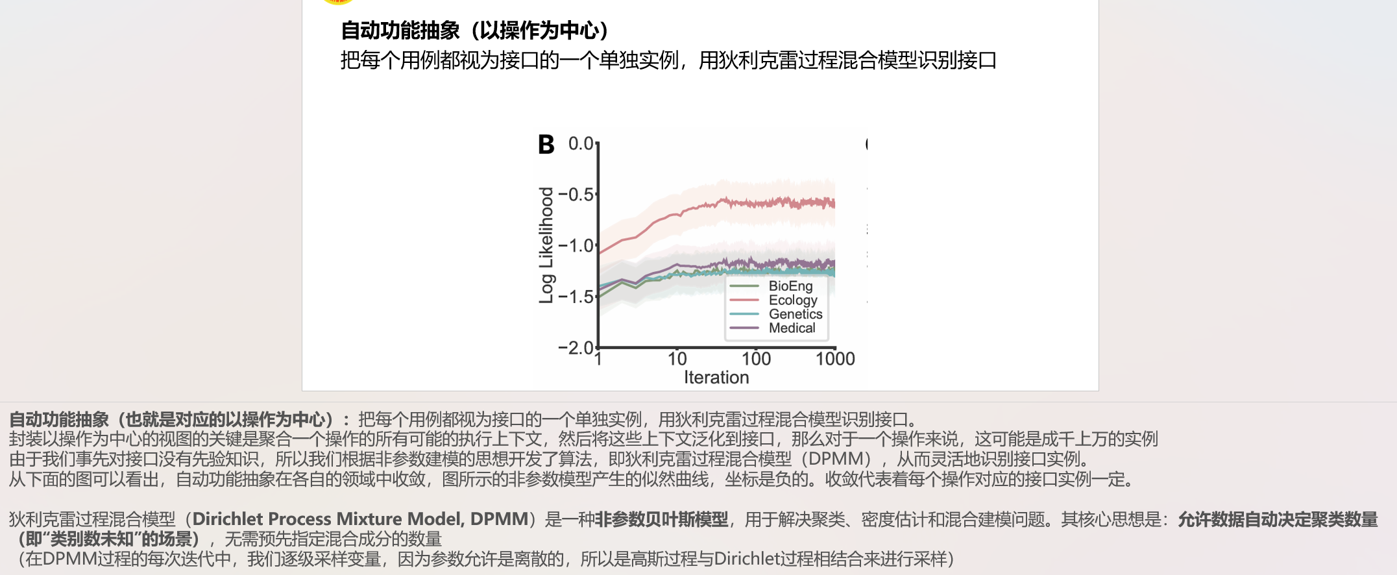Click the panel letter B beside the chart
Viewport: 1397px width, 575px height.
(546, 144)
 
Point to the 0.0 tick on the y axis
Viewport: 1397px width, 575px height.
(581, 143)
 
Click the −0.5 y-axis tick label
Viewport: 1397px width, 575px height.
(576, 195)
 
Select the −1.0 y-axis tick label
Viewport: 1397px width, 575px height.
(576, 246)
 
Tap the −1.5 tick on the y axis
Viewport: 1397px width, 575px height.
(576, 297)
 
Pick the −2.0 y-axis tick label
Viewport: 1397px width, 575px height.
(576, 348)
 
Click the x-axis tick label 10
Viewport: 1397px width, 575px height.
(677, 359)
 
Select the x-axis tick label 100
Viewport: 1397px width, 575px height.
(756, 359)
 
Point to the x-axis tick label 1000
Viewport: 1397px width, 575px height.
(835, 359)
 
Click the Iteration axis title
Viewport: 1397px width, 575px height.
(716, 378)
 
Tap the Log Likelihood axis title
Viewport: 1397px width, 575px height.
(546, 245)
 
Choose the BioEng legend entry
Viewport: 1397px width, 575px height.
(790, 286)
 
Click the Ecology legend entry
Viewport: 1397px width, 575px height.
(792, 300)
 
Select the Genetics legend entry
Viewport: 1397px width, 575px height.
(795, 314)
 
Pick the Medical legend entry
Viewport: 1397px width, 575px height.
(792, 328)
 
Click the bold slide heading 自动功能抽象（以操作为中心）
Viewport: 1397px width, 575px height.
(475, 31)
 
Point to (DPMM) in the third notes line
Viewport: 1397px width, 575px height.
(835, 459)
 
